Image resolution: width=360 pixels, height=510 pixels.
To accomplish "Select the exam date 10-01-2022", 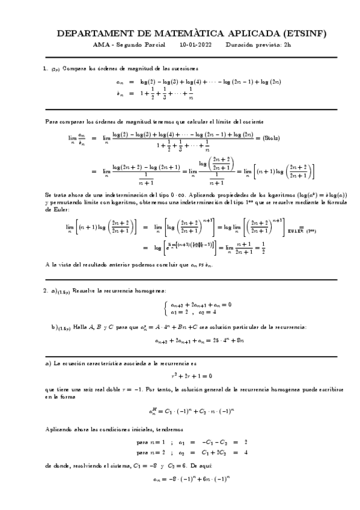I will click(195, 45).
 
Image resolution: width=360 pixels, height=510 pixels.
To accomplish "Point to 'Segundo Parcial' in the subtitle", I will click(136, 45).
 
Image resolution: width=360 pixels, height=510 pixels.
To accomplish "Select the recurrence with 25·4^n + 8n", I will click(180, 340).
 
